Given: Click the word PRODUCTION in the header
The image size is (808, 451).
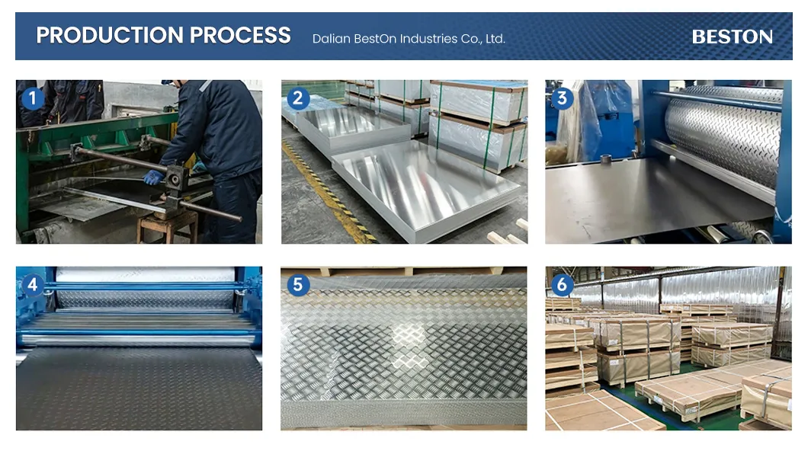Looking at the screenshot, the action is click(x=110, y=35).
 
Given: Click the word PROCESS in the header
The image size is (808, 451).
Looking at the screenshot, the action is click(x=240, y=35).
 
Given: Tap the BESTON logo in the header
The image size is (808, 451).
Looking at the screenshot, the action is click(x=733, y=37).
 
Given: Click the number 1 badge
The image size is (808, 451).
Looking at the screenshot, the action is click(x=33, y=98).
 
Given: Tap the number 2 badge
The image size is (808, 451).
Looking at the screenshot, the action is click(x=298, y=98).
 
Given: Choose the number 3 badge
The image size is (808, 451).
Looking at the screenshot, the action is click(x=563, y=98).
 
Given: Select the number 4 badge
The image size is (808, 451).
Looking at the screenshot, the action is click(x=33, y=284).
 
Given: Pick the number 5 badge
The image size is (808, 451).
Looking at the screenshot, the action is click(x=298, y=284).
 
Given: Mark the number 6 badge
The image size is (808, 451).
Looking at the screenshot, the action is click(x=563, y=284).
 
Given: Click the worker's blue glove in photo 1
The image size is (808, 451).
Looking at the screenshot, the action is click(x=153, y=178).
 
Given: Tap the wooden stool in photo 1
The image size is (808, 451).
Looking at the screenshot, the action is click(x=168, y=225).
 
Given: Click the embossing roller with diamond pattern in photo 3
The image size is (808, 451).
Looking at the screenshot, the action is click(x=723, y=134).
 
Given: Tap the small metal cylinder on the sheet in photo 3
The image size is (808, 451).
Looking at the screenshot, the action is click(x=605, y=159).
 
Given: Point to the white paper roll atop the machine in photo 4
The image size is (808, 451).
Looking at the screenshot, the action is click(x=145, y=274).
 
